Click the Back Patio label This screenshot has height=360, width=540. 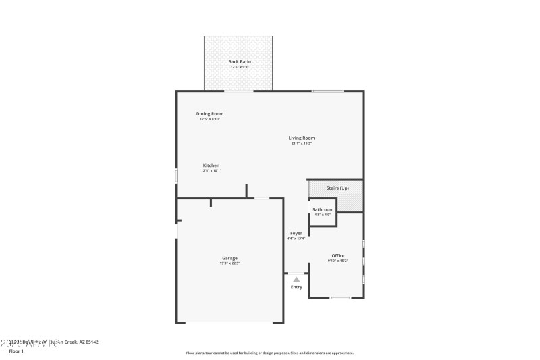(x=239, y=61)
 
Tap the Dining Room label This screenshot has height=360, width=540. (x=210, y=113)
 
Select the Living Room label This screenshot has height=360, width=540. (x=302, y=138)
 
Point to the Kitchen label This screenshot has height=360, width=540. (x=211, y=165)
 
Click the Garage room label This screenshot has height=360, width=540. (x=230, y=258)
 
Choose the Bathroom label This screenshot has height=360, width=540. (x=323, y=209)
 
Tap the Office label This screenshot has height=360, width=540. (x=337, y=255)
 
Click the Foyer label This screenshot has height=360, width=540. (x=296, y=233)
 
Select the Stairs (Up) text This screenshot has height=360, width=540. (x=337, y=188)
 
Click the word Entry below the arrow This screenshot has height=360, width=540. (x=296, y=287)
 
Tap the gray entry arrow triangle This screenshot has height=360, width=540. (x=296, y=278)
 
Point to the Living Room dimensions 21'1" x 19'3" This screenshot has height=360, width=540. (x=302, y=143)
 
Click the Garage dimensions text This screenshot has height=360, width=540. (x=230, y=263)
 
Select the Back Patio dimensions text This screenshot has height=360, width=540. (x=239, y=67)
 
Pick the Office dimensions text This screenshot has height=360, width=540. (x=337, y=261)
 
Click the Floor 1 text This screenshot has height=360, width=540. (x=16, y=351)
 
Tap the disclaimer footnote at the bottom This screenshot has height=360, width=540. (x=269, y=353)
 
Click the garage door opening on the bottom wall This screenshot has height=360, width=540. (x=230, y=323)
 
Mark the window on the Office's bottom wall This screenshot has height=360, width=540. (x=340, y=298)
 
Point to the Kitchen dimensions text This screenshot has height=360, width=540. (x=211, y=171)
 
